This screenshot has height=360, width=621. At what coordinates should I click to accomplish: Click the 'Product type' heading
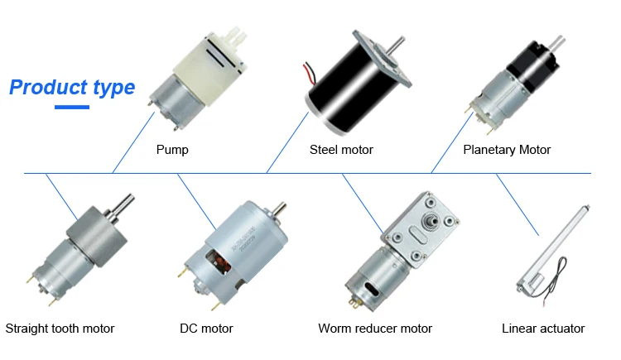point(72,87)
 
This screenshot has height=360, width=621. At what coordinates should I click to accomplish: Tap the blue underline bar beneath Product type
point(71,107)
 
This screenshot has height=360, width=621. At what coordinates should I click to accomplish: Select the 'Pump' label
point(172,150)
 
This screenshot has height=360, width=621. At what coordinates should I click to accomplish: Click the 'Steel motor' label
point(341,150)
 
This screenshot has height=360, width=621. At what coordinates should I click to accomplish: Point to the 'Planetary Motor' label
point(507,150)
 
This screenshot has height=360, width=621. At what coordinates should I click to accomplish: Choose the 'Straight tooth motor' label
point(60,329)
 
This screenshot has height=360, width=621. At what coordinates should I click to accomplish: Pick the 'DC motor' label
point(206,329)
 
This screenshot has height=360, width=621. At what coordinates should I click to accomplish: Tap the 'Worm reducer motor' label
point(375,329)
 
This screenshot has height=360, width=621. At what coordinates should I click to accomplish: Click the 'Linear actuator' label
point(543,329)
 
